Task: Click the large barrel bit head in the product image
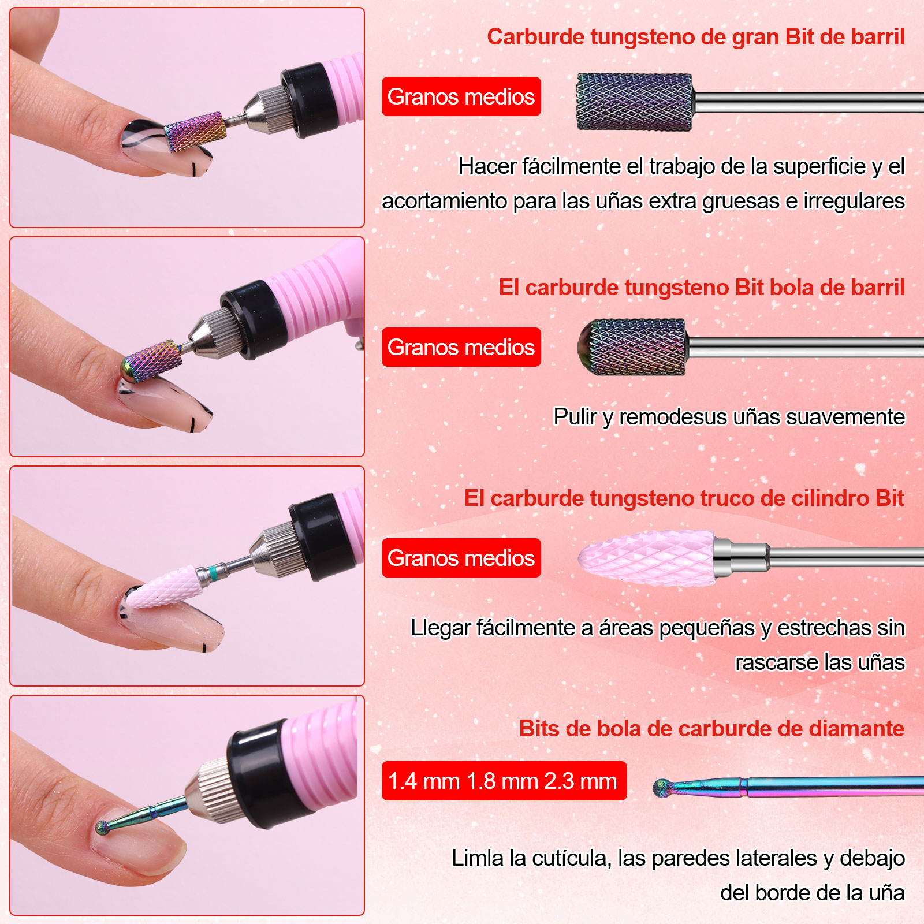(635, 102)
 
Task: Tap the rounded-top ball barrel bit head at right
(632, 347)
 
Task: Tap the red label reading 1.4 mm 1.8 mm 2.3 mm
(504, 781)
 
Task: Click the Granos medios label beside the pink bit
(461, 558)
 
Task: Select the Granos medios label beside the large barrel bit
(461, 96)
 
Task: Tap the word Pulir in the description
(575, 417)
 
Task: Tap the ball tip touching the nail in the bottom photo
(103, 828)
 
